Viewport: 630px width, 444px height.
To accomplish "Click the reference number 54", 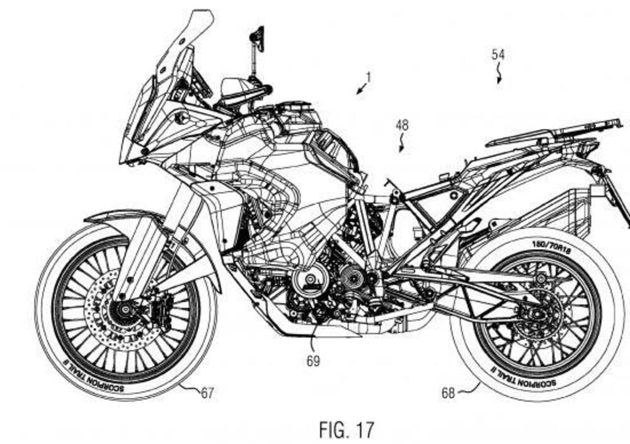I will point(498,55).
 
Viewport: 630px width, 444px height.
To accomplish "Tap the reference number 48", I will point(401,126).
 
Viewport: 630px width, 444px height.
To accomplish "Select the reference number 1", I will point(369,78).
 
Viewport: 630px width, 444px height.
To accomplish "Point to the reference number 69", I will point(312,361).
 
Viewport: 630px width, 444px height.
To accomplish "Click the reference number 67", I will point(207,393).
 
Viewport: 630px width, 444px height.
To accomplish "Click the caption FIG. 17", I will point(346,430).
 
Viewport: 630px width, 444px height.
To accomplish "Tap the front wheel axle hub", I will point(123,309).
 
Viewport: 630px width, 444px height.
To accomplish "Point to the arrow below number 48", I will point(402,146).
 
